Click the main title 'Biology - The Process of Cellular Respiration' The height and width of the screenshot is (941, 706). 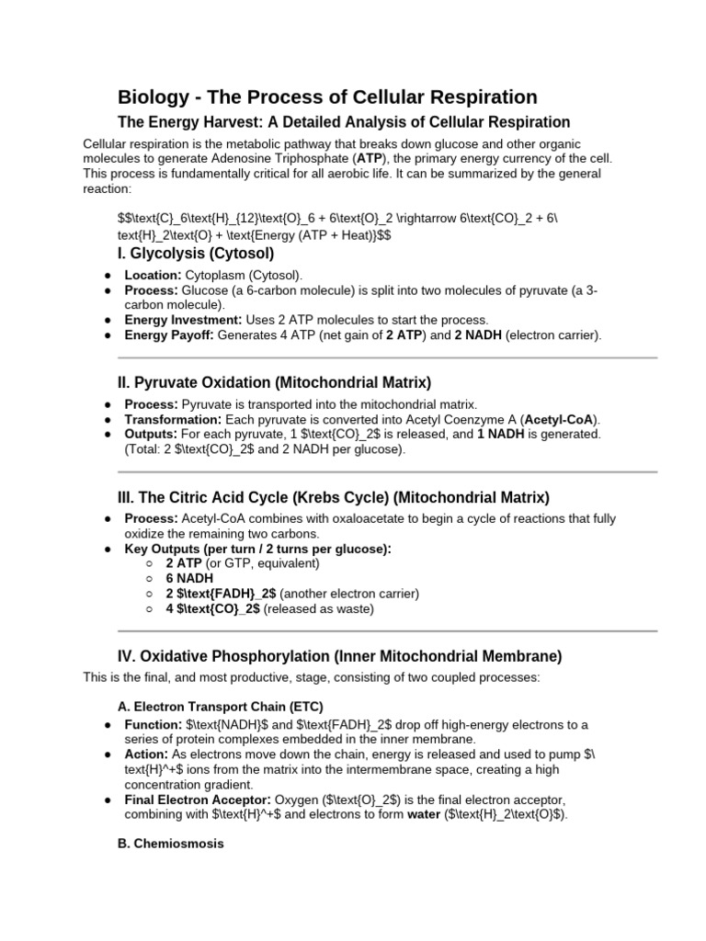click(x=327, y=96)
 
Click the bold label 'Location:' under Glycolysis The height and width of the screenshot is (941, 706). click(x=153, y=275)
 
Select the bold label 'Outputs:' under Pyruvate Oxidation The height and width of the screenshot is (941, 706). click(x=151, y=434)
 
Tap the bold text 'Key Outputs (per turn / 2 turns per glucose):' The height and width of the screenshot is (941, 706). click(x=257, y=549)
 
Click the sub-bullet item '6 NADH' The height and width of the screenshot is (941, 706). click(x=189, y=578)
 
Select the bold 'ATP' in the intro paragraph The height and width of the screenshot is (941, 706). click(x=370, y=158)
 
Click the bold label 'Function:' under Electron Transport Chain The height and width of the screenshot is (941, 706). click(x=152, y=724)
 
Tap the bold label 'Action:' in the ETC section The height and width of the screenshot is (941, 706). click(x=145, y=754)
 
